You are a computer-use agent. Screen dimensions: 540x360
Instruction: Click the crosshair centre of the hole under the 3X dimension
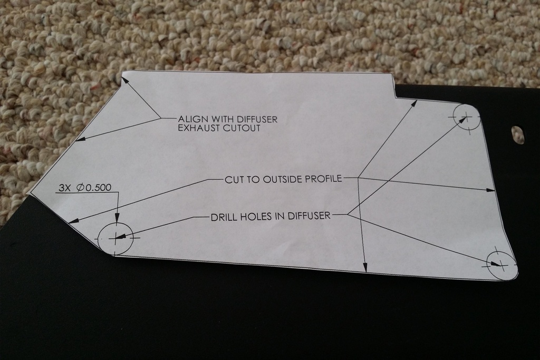point(116,238)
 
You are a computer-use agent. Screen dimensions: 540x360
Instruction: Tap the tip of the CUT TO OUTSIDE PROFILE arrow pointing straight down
point(365,272)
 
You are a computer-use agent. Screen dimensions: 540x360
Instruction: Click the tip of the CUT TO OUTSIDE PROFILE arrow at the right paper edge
point(495,190)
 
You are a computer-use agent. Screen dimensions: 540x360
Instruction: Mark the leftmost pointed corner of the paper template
point(31,193)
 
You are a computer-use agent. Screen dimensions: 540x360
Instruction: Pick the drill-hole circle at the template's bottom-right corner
point(502,265)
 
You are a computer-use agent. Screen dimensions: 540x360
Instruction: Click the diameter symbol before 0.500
point(80,188)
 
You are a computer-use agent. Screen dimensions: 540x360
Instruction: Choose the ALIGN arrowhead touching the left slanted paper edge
point(79,139)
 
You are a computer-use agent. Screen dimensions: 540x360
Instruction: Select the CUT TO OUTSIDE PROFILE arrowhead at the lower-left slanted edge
point(73,222)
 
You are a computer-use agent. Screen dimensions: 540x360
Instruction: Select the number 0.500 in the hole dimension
point(98,188)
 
